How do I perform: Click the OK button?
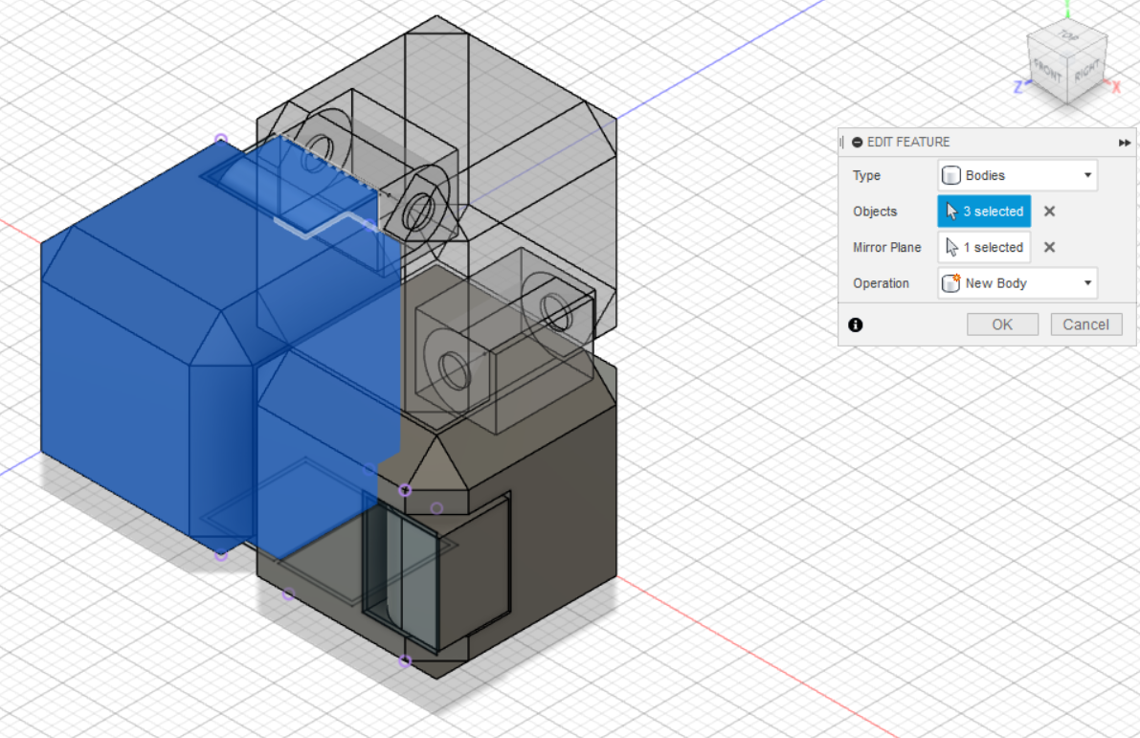pyautogui.click(x=1001, y=324)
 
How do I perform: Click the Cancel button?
pyautogui.click(x=1085, y=324)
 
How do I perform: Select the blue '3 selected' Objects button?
pyautogui.click(x=984, y=212)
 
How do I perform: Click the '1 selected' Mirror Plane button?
pyautogui.click(x=984, y=247)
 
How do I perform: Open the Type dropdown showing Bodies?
pyautogui.click(x=1017, y=175)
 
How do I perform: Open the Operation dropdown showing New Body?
pyautogui.click(x=1017, y=283)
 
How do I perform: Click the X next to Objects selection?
pyautogui.click(x=1049, y=212)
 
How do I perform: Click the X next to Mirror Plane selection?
pyautogui.click(x=1049, y=247)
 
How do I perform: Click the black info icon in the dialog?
pyautogui.click(x=856, y=324)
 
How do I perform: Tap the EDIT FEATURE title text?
pyautogui.click(x=908, y=142)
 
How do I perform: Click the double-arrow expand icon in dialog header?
pyautogui.click(x=1124, y=143)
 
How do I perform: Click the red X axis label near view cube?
pyautogui.click(x=1115, y=86)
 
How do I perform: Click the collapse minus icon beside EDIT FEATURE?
pyautogui.click(x=858, y=142)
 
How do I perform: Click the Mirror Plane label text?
pyautogui.click(x=886, y=247)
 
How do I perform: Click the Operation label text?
pyautogui.click(x=881, y=283)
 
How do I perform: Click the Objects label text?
pyautogui.click(x=875, y=212)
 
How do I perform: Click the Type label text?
pyautogui.click(x=866, y=175)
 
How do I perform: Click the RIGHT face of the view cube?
pyautogui.click(x=1085, y=73)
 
